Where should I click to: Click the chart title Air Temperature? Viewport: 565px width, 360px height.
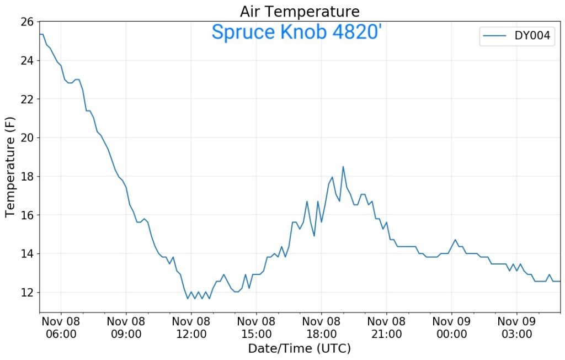300,11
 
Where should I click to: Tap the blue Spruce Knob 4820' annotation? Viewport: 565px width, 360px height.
296,32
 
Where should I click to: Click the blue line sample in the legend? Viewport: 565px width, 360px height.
494,37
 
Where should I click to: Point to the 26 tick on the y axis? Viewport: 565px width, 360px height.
28,22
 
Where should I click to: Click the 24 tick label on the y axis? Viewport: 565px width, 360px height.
28,61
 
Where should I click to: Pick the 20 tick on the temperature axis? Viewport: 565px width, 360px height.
28,137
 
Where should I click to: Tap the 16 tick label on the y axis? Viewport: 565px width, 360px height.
28,215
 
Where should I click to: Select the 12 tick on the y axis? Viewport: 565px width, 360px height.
28,292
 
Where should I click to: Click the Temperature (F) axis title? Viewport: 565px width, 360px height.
10,167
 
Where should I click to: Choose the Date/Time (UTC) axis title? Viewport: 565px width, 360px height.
300,349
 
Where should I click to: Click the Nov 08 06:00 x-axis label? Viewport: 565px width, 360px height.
61,327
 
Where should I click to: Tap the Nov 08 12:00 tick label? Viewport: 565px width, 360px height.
191,327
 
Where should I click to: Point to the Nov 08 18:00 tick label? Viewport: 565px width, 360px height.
321,327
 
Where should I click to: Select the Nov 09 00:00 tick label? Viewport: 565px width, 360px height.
451,327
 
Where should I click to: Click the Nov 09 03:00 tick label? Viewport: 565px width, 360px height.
516,327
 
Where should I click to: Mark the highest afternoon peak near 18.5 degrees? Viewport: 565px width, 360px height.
343,167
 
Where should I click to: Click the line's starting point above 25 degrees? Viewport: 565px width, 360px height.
40,34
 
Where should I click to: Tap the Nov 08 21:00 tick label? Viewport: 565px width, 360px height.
386,327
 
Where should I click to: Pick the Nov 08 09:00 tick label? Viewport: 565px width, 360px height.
126,327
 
